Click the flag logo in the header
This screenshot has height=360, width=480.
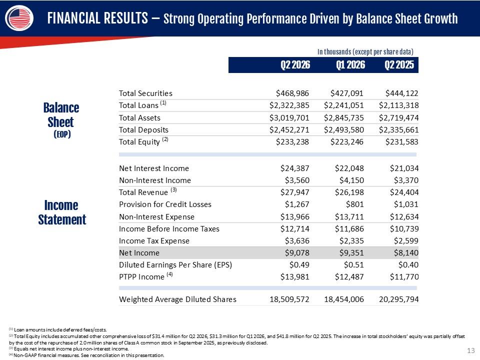[19, 18]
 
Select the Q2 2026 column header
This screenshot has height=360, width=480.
[295, 65]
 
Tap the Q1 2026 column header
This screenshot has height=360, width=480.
[350, 65]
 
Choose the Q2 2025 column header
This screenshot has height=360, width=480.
[399, 65]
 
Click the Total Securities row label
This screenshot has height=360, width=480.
[145, 93]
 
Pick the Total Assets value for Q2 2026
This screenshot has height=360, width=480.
[289, 118]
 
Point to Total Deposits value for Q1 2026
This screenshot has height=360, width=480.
[344, 130]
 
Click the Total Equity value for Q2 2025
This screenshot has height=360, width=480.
[402, 141]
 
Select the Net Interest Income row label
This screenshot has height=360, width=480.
[154, 168]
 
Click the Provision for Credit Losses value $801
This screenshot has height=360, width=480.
[355, 204]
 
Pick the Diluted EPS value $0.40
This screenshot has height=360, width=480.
[408, 265]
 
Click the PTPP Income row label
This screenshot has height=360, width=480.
[145, 276]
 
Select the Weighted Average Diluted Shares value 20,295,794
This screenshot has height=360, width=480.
[398, 299]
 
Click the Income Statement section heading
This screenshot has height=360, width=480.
[62, 212]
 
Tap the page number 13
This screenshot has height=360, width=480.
[471, 350]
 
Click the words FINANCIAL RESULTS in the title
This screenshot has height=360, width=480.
[97, 18]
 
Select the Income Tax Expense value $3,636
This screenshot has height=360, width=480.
[297, 241]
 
